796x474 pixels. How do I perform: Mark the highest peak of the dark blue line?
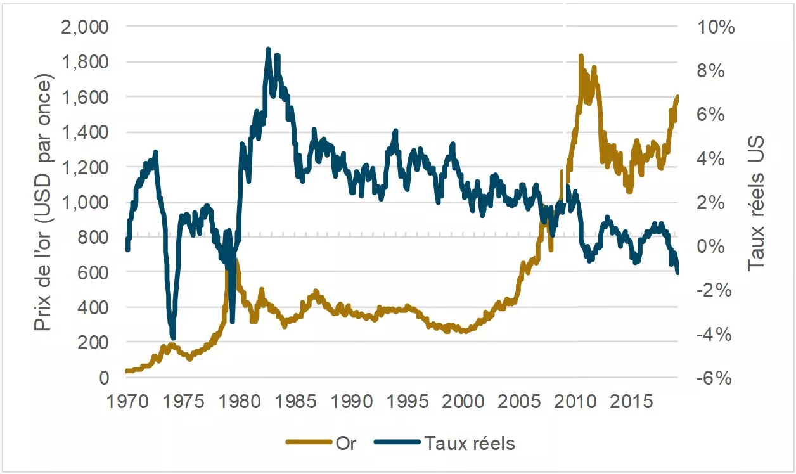coord(268,49)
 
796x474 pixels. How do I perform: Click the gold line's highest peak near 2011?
coord(581,56)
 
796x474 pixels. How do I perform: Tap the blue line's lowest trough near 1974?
coord(172,338)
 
